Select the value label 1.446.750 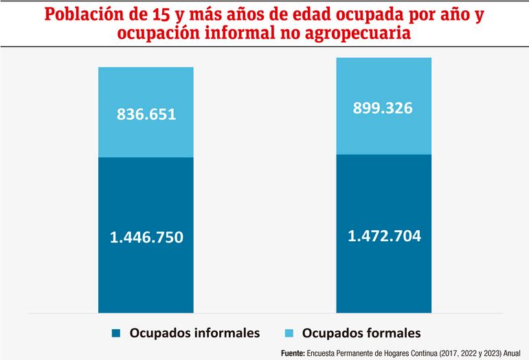pos(146,238)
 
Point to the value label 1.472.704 pos(383,236)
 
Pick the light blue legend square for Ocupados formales pos(289,334)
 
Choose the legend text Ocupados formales pos(362,334)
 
